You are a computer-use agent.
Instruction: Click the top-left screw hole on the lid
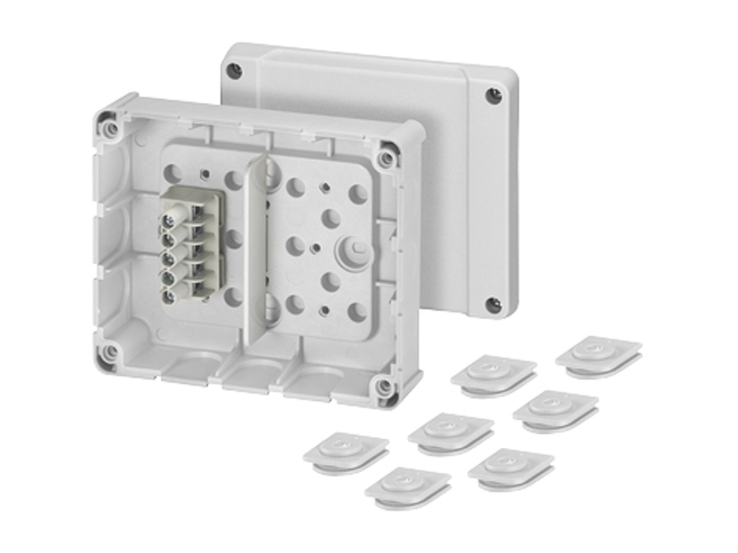click(234, 71)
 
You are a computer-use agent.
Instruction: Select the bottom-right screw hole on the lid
click(493, 305)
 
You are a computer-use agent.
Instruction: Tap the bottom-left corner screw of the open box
click(110, 353)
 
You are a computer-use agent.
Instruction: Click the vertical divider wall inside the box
click(254, 252)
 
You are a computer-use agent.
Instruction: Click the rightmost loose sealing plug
click(598, 354)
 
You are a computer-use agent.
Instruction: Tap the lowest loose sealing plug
click(407, 486)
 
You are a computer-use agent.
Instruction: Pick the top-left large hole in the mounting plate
click(174, 173)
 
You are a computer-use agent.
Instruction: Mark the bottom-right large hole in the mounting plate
click(357, 312)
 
